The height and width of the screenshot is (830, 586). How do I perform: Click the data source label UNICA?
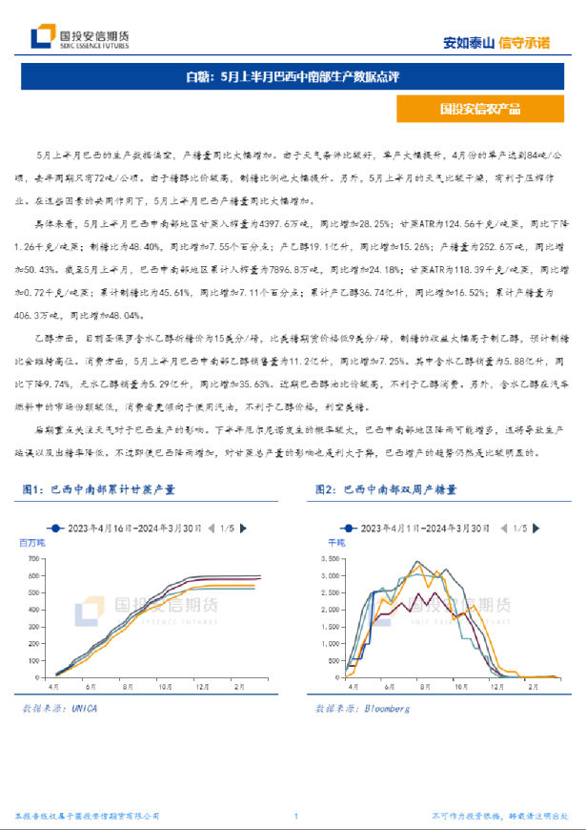click(84, 709)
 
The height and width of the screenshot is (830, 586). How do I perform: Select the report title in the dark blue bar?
click(292, 77)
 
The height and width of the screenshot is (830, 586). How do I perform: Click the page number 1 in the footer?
click(296, 817)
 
